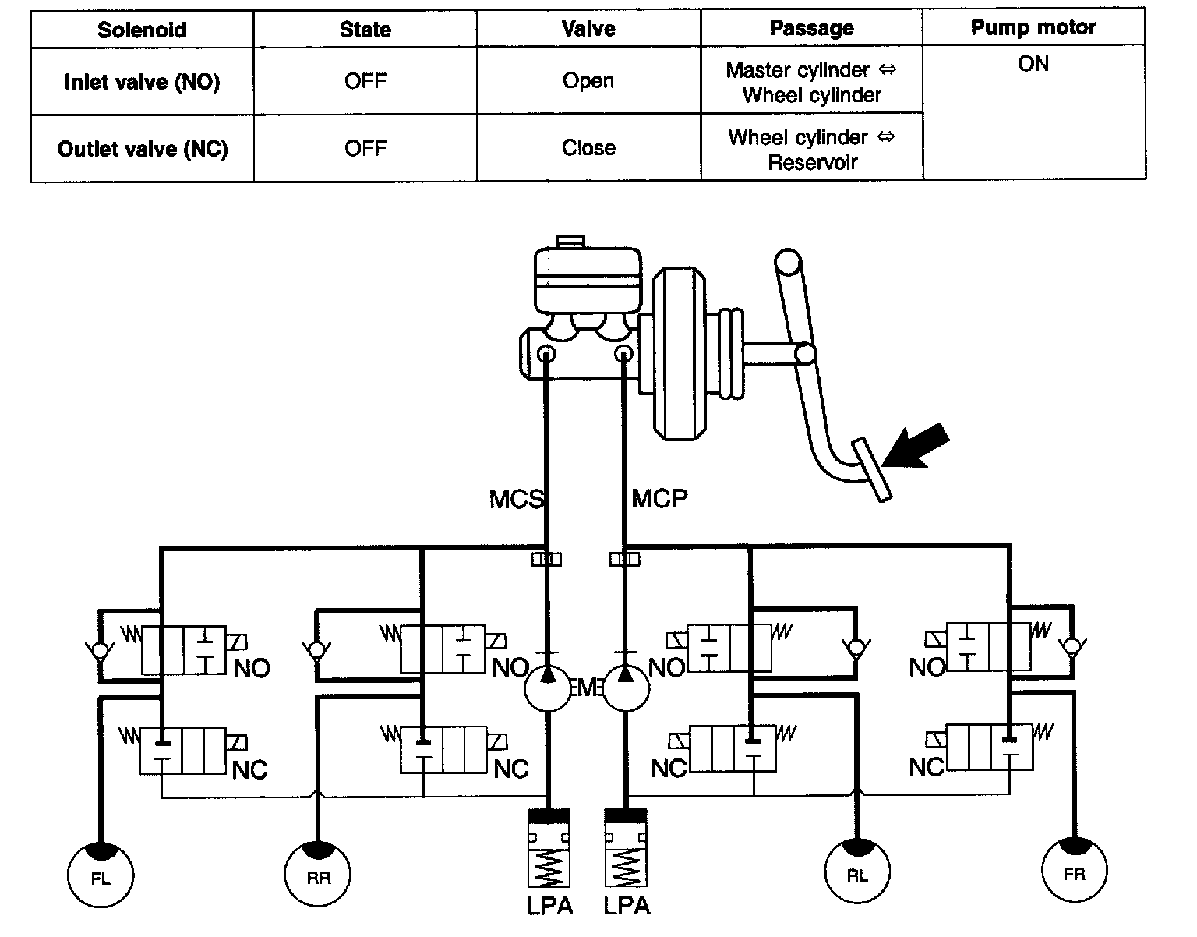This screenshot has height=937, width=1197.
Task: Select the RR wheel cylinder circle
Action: click(317, 875)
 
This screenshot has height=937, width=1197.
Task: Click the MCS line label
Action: click(516, 499)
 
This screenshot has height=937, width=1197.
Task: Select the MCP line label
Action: click(659, 498)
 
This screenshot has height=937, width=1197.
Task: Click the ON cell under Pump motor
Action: click(1033, 64)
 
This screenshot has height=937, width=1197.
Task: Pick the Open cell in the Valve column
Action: click(588, 81)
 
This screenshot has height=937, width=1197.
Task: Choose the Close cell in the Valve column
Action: click(588, 148)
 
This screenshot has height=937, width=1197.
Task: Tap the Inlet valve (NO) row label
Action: click(142, 82)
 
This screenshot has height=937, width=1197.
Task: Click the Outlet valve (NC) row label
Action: click(143, 149)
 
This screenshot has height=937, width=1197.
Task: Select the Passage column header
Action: click(811, 29)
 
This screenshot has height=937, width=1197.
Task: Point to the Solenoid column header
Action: click(142, 30)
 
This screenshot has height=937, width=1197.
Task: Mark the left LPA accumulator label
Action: click(549, 906)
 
